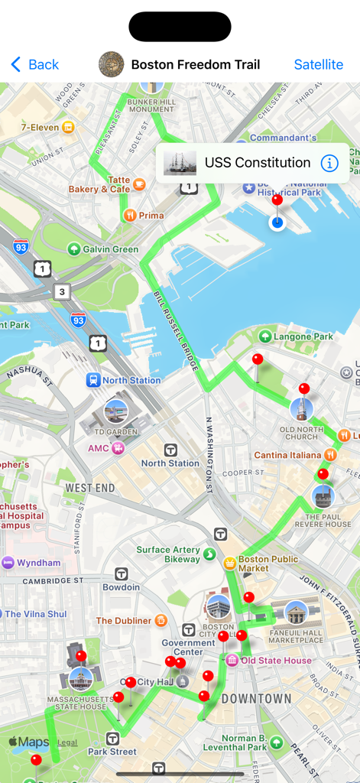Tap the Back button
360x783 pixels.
[34, 64]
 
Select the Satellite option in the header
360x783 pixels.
[318, 64]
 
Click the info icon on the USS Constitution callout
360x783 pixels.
[329, 163]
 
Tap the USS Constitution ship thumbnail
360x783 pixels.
[180, 163]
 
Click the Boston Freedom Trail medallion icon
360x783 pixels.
[112, 64]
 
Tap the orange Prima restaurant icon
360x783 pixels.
[130, 216]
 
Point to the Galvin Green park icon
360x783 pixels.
[74, 249]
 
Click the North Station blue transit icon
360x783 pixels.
[93, 380]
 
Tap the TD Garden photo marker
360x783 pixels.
[115, 411]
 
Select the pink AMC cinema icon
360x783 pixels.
[118, 448]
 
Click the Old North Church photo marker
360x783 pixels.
[301, 410]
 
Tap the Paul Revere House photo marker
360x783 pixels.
[324, 497]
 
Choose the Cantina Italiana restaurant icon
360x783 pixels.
[330, 455]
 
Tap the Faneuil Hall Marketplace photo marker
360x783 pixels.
[296, 612]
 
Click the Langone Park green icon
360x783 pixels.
[265, 336]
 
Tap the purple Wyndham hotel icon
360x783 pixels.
[8, 563]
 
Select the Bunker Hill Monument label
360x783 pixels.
[151, 105]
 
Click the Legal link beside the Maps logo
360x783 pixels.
[67, 742]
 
